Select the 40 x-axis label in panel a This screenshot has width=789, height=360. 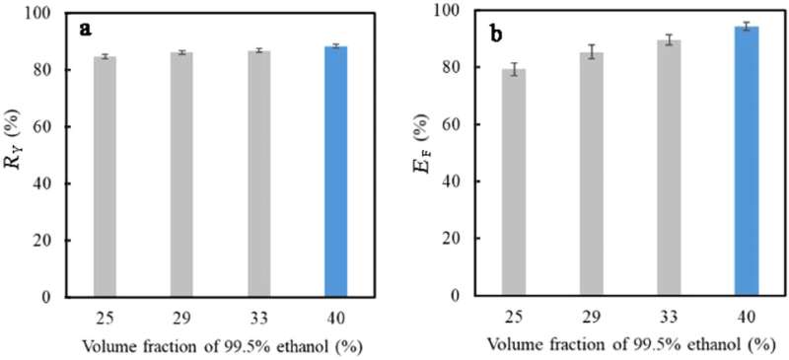coord(335,317)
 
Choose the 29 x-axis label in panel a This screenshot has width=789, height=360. coord(181,317)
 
